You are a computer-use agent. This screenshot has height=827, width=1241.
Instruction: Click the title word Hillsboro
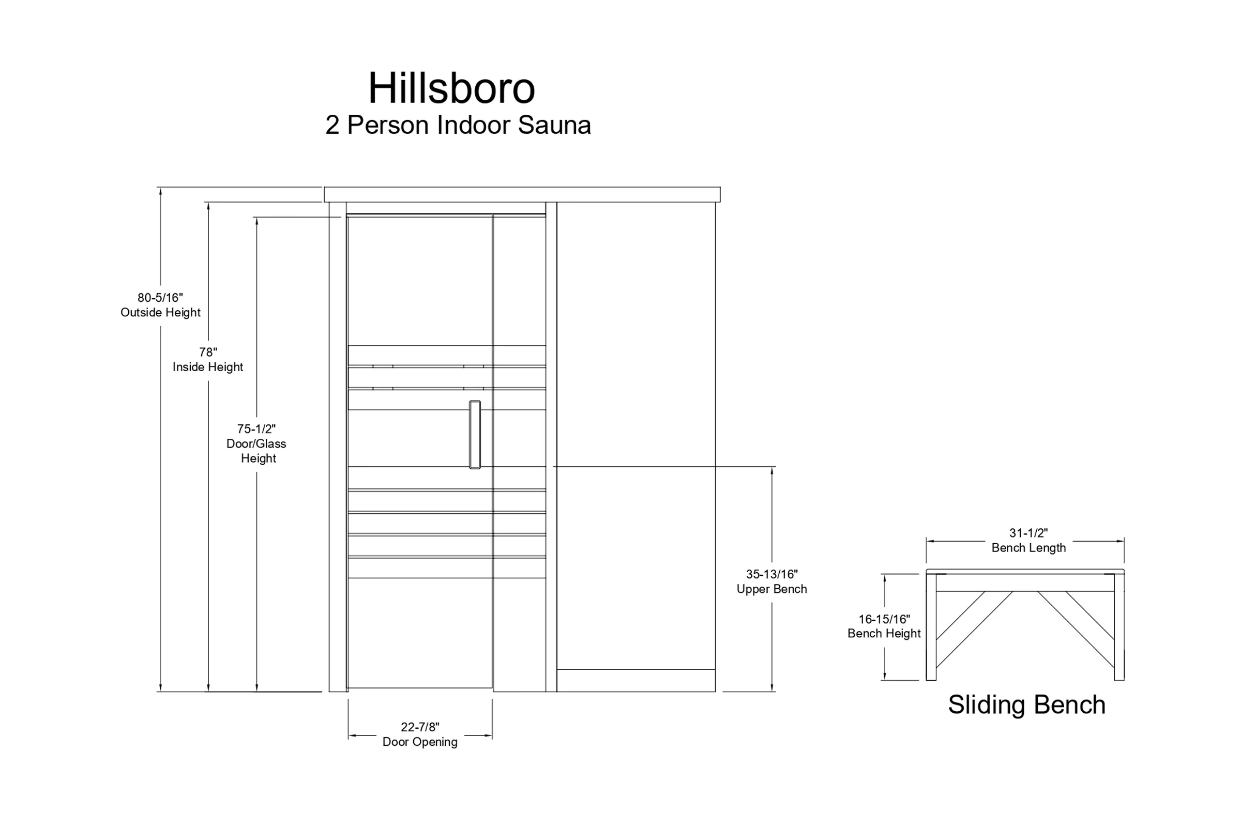[x=451, y=88]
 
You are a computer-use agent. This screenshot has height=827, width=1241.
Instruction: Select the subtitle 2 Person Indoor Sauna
[x=458, y=125]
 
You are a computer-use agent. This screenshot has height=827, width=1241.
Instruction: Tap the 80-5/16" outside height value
[x=160, y=298]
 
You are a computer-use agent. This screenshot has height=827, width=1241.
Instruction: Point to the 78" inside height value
[x=208, y=352]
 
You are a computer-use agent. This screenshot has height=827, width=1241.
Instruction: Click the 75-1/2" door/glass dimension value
[x=256, y=429]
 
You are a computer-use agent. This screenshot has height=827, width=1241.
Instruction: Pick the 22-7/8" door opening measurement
[x=420, y=727]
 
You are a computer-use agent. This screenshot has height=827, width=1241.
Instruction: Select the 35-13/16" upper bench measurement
[x=772, y=574]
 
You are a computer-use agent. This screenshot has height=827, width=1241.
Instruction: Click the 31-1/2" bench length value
[x=1028, y=533]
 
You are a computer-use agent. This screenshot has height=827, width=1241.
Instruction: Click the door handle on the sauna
[x=475, y=435]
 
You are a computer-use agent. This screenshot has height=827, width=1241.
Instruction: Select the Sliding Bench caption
[x=1027, y=705]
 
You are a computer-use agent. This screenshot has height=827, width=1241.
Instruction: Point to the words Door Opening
[x=420, y=742]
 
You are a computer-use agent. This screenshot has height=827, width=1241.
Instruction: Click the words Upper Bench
[x=772, y=589]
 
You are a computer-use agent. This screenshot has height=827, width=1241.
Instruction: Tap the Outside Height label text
[x=160, y=312]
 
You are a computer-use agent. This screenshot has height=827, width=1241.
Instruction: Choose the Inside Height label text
[x=208, y=366]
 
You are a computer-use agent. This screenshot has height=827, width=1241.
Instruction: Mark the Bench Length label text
[x=1028, y=547]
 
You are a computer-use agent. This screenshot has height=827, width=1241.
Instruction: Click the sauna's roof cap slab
[x=522, y=194]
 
